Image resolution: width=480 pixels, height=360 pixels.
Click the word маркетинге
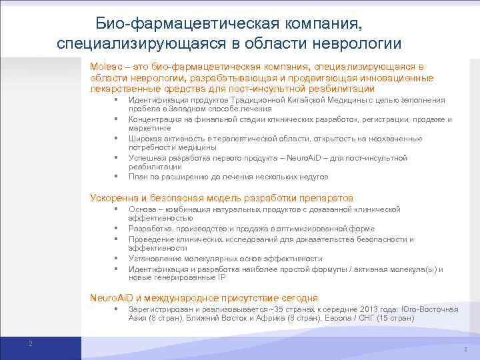click(150, 127)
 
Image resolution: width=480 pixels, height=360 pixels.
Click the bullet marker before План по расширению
click(116, 177)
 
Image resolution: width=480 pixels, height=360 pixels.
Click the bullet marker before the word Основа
click(116, 209)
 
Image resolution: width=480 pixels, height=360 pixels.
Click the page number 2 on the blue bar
click(30, 343)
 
